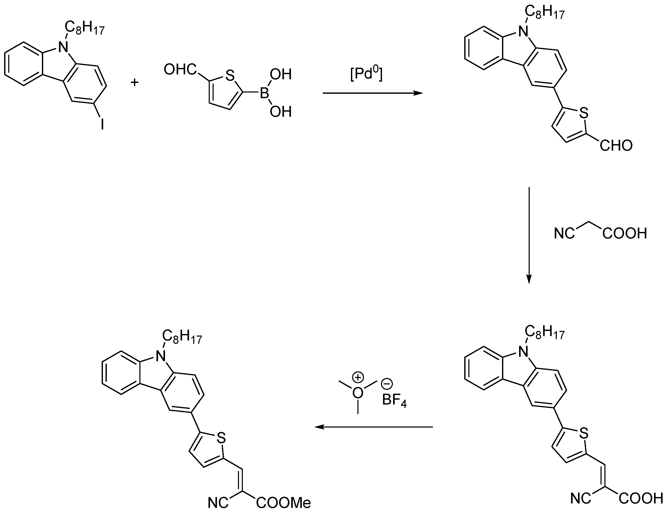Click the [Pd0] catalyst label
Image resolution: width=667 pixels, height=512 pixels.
pyautogui.click(x=366, y=74)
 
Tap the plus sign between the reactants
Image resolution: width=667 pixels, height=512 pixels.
pyautogui.click(x=134, y=82)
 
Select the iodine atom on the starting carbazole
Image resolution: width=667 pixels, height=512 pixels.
pyautogui.click(x=102, y=124)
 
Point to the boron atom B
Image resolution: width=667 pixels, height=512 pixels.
pyautogui.click(x=264, y=93)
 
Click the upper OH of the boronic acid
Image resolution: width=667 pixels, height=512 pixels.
pyautogui.click(x=281, y=75)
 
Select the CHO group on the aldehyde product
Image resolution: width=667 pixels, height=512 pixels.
pyautogui.click(x=616, y=146)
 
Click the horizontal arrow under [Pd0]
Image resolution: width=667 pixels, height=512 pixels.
pyautogui.click(x=372, y=93)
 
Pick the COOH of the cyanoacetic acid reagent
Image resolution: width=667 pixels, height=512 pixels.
pyautogui.click(x=625, y=234)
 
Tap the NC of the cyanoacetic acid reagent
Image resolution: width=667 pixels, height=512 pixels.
pyautogui.click(x=564, y=234)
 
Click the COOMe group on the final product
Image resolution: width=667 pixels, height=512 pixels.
pyautogui.click(x=283, y=503)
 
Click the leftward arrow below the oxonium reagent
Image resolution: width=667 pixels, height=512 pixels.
pyautogui.click(x=374, y=427)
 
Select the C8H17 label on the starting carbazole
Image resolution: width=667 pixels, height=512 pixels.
pyautogui.click(x=85, y=29)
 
